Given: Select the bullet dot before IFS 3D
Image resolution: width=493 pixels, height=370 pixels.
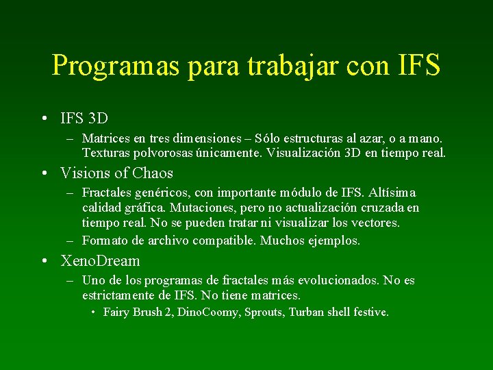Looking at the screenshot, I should (x=44, y=119).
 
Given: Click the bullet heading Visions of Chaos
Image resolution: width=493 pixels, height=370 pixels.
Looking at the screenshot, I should (x=117, y=173).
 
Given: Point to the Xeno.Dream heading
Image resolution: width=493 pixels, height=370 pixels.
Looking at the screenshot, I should (x=100, y=261).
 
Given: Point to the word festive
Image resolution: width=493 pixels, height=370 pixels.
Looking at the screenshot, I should (x=370, y=312).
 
